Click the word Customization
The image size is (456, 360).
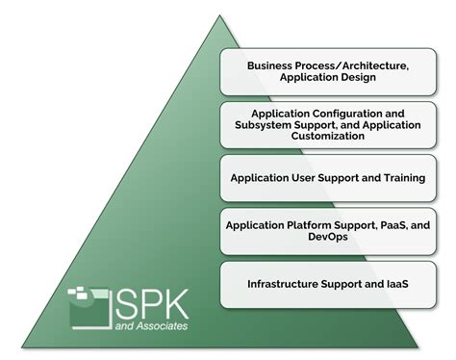click(x=330, y=136)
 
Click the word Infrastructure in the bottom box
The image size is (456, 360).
click(x=285, y=284)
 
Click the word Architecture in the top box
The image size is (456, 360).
click(x=361, y=66)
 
